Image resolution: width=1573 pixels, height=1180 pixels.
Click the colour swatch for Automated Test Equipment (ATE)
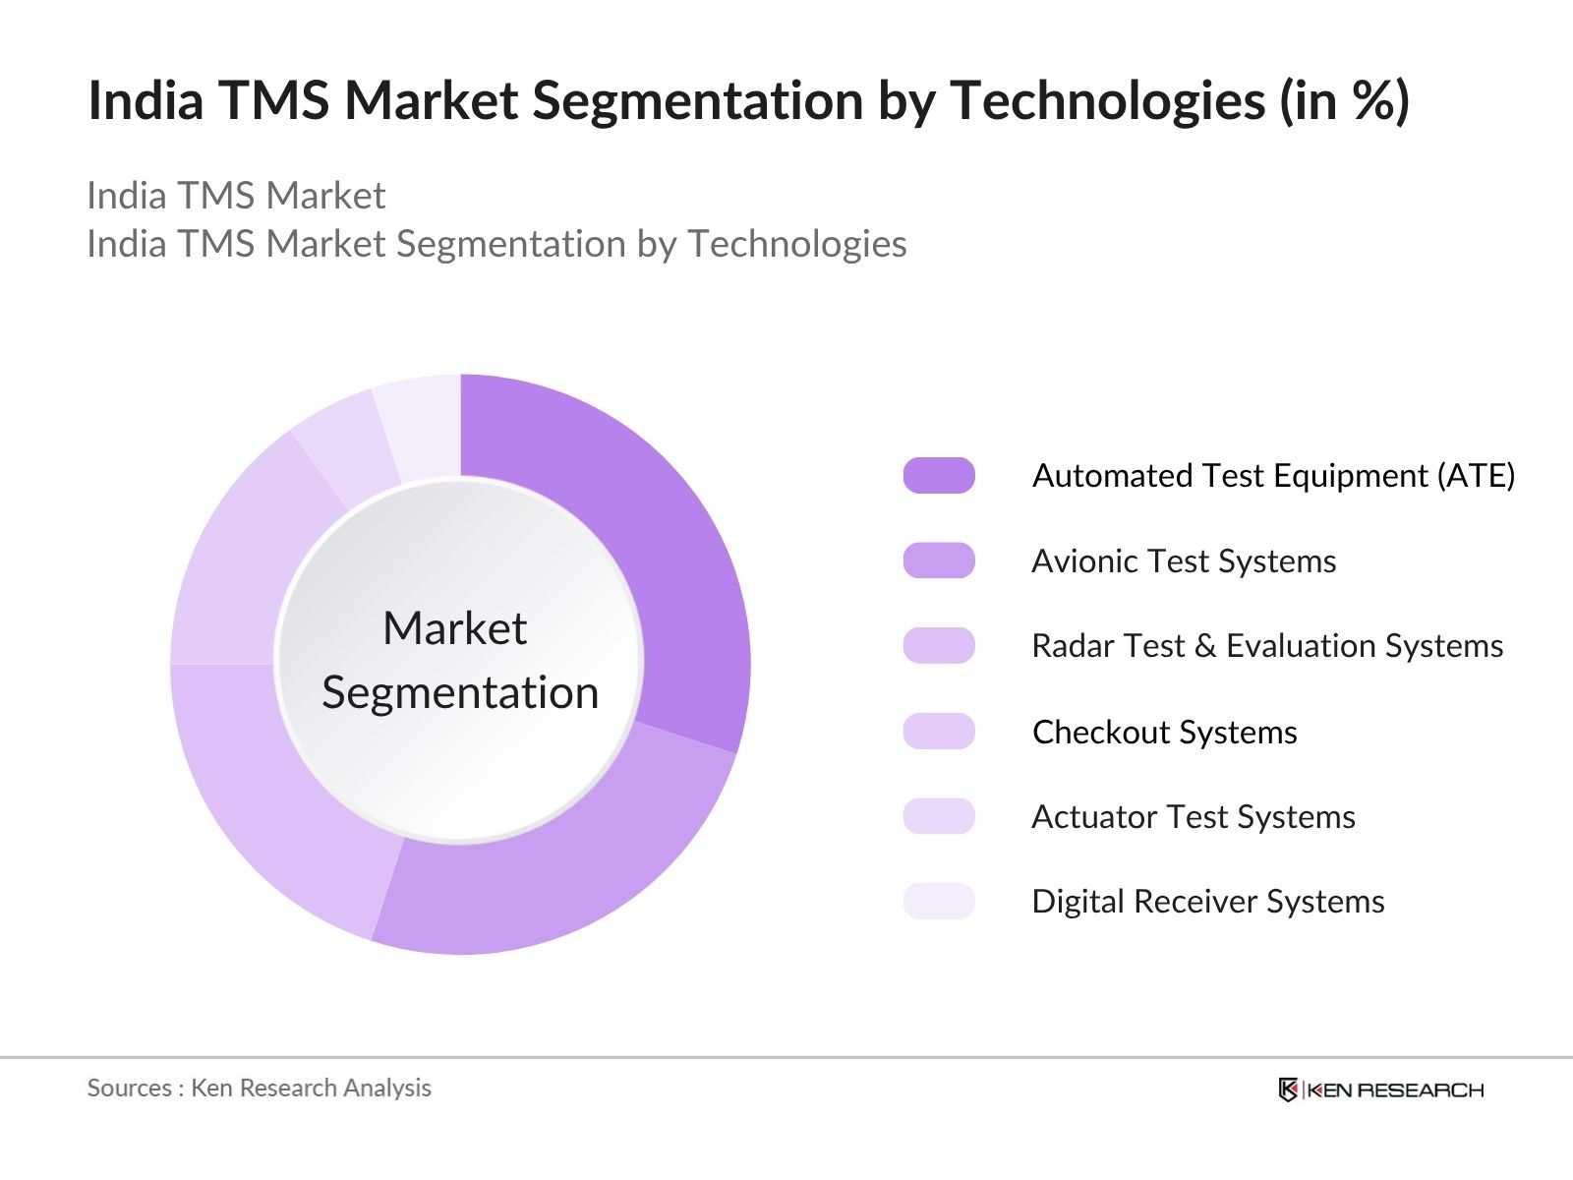(x=939, y=475)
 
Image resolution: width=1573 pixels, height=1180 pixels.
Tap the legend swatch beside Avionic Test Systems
(x=939, y=560)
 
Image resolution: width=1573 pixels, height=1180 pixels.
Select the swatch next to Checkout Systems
(x=939, y=731)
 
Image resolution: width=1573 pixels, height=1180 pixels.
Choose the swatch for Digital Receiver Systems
(x=939, y=902)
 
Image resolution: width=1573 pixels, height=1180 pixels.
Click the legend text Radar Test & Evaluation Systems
(x=1267, y=645)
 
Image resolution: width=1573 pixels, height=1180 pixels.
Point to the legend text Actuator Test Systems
(x=1194, y=817)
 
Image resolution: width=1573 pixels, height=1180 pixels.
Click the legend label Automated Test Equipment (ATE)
(x=1273, y=476)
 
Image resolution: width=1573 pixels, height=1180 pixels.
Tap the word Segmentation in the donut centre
(x=460, y=693)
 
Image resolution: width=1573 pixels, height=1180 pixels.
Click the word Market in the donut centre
(x=455, y=628)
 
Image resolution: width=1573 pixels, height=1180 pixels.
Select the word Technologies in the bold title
(x=1108, y=101)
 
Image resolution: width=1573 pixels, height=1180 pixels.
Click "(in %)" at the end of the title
(x=1345, y=100)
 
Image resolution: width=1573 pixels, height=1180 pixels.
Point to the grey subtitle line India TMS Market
(x=236, y=195)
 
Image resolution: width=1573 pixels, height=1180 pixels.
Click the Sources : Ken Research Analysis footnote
(x=259, y=1088)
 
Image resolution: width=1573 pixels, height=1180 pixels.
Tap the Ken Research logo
(x=1381, y=1090)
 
